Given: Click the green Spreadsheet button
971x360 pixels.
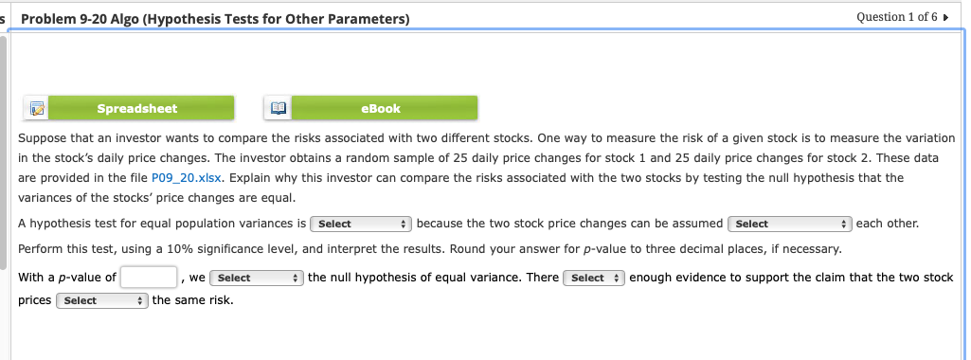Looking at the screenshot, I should click(x=137, y=109).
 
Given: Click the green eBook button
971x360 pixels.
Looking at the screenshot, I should click(x=381, y=109).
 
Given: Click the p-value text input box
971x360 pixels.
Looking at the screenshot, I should click(x=150, y=278).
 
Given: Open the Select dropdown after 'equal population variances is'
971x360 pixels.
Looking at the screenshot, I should click(x=360, y=225).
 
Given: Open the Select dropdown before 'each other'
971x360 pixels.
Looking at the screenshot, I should click(x=786, y=225).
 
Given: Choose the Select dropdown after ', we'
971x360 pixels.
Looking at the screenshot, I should click(x=256, y=278).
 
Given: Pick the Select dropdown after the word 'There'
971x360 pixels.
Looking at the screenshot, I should click(x=593, y=278).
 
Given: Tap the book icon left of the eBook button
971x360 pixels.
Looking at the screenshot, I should click(x=277, y=109).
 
